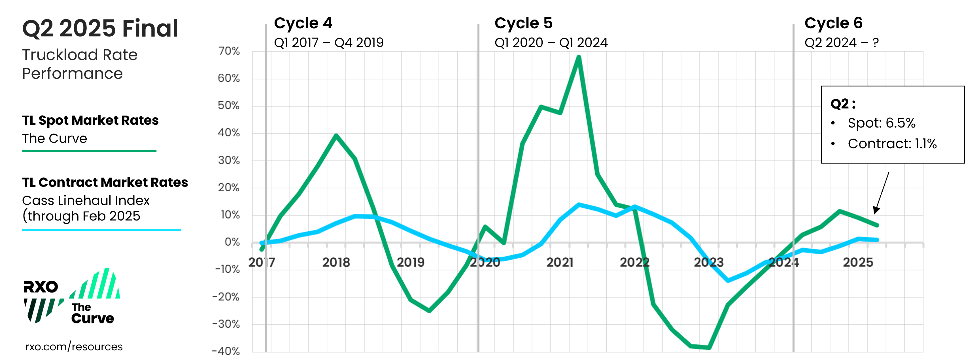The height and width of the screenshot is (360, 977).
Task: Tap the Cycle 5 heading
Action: (523, 24)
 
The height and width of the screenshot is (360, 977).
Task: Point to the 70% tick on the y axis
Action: (229, 51)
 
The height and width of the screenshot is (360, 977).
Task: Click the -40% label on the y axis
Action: (226, 351)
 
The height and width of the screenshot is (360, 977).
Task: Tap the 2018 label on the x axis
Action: (336, 262)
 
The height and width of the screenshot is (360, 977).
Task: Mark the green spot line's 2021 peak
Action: (578, 57)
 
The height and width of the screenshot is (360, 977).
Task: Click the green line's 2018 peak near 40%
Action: (336, 135)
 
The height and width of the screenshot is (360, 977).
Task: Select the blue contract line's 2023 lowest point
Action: (727, 281)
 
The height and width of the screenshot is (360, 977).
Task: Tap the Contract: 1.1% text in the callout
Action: (892, 144)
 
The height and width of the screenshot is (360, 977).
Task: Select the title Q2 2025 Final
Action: (100, 28)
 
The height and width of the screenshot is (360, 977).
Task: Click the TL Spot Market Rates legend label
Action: (90, 120)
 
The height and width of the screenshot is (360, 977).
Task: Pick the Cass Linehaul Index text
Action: (86, 200)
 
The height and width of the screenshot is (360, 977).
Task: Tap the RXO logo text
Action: (41, 287)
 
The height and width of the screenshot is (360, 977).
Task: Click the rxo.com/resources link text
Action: (74, 347)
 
